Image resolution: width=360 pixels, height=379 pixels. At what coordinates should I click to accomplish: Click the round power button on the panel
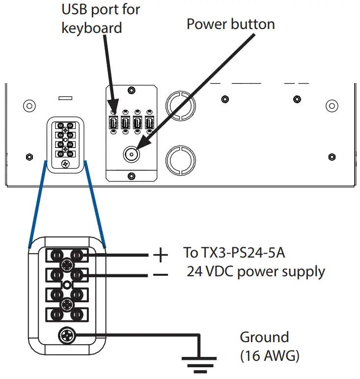point(131,154)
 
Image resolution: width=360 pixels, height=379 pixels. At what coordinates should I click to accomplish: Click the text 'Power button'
point(230,24)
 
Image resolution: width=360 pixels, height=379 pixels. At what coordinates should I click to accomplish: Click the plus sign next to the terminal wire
point(160,255)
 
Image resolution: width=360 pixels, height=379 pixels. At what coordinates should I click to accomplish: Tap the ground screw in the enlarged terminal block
point(66,336)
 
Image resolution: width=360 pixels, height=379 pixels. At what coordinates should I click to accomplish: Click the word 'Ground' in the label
point(264,337)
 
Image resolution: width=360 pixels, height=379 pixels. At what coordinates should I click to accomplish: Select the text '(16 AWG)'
point(269,356)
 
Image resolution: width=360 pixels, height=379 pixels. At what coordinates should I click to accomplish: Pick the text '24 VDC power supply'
point(255,271)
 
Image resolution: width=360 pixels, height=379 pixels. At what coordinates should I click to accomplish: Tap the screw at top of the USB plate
point(131,90)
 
